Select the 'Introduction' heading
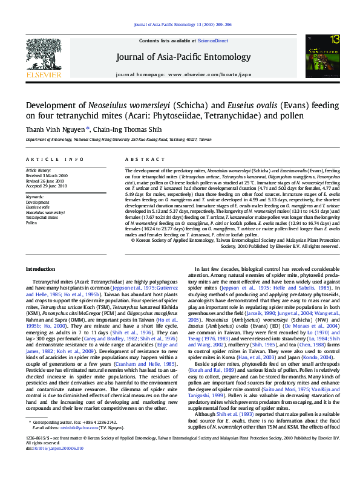[x=41, y=268]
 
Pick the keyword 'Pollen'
[x=31, y=222]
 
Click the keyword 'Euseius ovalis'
[x=38, y=207]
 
